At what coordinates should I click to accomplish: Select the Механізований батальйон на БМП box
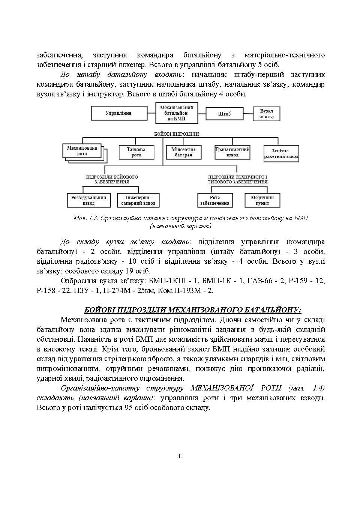point(177,113)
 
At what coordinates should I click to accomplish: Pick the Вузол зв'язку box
point(266,114)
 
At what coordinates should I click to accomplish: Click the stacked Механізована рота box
point(83,151)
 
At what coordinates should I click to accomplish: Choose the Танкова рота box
point(136,152)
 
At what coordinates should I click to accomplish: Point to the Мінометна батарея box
point(183,152)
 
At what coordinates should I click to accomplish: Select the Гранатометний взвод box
point(232,152)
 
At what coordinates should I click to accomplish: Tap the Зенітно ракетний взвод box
point(281,154)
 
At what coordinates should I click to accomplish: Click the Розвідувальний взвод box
point(89,200)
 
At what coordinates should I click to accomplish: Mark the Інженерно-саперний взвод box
point(138,200)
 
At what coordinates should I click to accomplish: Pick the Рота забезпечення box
point(215,200)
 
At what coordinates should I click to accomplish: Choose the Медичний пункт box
point(262,200)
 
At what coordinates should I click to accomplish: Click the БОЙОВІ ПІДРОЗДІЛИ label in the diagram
point(176,134)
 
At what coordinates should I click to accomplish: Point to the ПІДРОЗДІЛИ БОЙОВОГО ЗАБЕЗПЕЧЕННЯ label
point(112,179)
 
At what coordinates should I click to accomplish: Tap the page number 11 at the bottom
point(180,456)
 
